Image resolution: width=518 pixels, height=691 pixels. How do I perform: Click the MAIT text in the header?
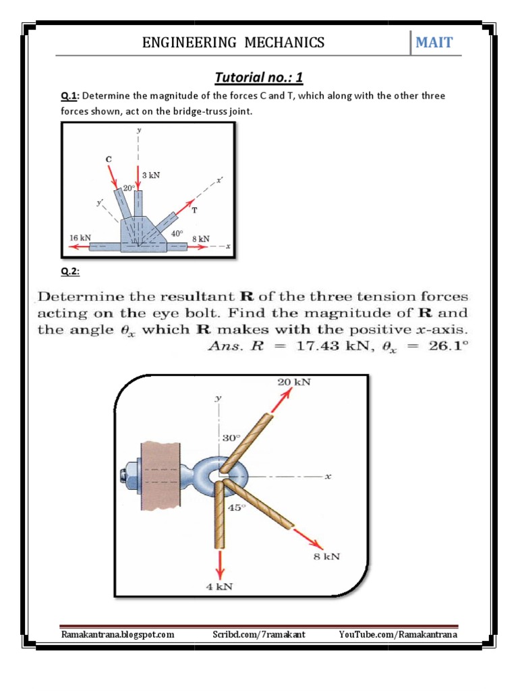(x=434, y=43)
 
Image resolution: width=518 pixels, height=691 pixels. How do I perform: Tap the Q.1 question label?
(x=69, y=96)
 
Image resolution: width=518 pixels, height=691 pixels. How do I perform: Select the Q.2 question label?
(x=69, y=271)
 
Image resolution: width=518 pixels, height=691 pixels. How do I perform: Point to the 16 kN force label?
(x=80, y=238)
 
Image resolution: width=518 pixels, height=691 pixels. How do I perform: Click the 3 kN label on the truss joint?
(x=151, y=174)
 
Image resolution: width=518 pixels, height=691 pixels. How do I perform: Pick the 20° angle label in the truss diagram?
(x=129, y=188)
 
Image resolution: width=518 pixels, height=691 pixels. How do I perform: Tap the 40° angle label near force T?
(x=177, y=233)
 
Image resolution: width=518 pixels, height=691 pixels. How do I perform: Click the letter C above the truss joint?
(x=108, y=159)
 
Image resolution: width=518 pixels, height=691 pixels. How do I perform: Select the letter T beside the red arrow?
(x=195, y=210)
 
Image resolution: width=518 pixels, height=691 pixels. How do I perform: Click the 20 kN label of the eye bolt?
(x=293, y=381)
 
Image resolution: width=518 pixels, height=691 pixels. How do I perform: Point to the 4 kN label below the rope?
(x=219, y=586)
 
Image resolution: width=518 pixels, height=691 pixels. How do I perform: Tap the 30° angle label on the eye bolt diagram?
(x=231, y=438)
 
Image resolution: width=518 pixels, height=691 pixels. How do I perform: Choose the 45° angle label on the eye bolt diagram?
(x=233, y=507)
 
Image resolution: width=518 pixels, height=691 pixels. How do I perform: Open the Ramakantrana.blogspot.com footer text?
(x=117, y=634)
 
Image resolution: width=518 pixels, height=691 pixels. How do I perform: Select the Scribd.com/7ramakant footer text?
(x=258, y=634)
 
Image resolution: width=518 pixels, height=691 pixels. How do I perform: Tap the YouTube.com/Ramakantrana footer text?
(x=398, y=634)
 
